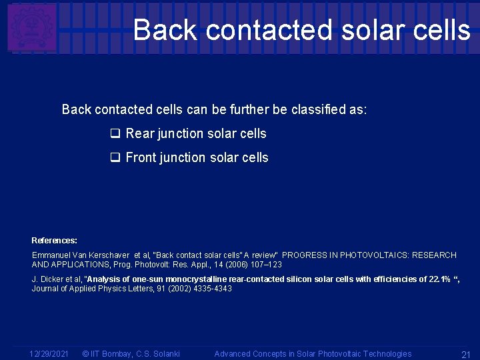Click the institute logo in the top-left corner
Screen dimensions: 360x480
click(31, 27)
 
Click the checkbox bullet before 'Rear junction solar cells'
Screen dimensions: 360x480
click(115, 134)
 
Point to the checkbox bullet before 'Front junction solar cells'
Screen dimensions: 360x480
click(115, 158)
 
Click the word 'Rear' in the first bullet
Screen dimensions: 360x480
click(140, 133)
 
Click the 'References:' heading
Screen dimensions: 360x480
click(55, 240)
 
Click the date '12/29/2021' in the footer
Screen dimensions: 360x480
click(49, 353)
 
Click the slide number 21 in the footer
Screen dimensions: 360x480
click(466, 353)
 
